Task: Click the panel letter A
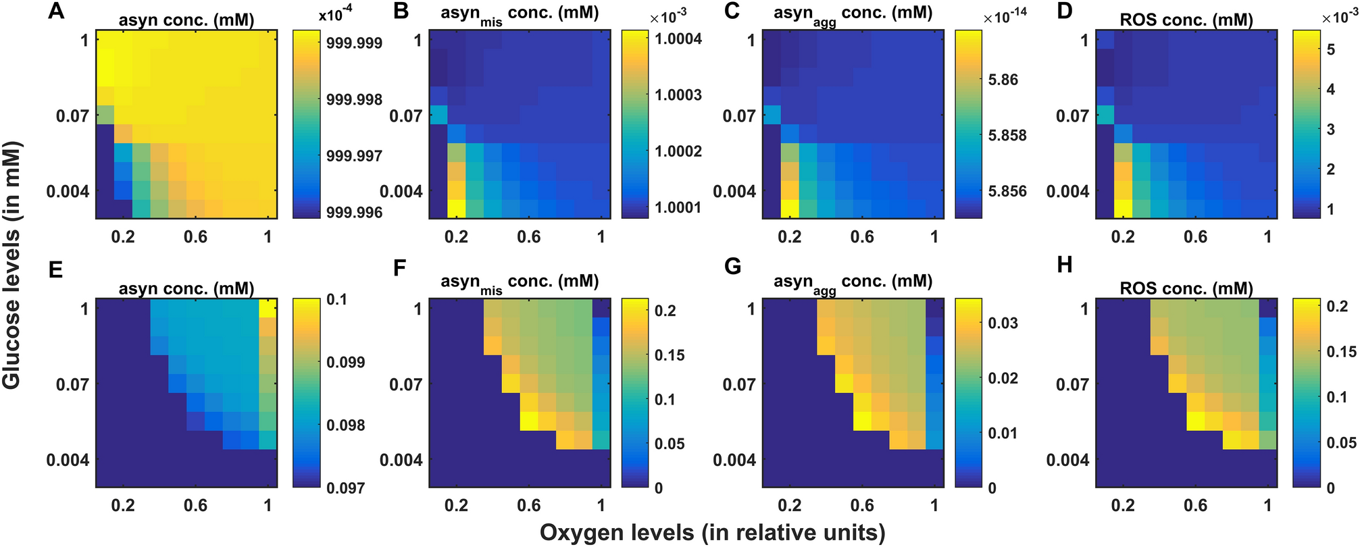[x=56, y=11]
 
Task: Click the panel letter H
[x=1065, y=265]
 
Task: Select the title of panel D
[x=1186, y=20]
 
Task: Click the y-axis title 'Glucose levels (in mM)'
[x=11, y=265]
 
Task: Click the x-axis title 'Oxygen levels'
[x=712, y=533]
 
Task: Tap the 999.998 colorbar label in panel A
[x=354, y=100]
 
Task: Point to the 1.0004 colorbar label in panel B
[x=678, y=38]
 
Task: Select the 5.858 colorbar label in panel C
[x=1007, y=135]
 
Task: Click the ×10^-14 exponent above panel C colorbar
[x=1005, y=17]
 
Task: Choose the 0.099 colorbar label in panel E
[x=345, y=362]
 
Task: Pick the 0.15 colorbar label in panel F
[x=669, y=355]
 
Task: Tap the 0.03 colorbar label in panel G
[x=1003, y=323]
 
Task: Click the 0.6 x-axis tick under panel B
[x=528, y=237]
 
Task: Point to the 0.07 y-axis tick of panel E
[x=72, y=384]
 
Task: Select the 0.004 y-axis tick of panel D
[x=1067, y=191]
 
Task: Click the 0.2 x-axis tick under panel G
[x=789, y=505]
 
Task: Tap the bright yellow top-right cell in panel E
[x=268, y=308]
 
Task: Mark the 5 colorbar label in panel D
[x=1331, y=49]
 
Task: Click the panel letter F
[x=399, y=268]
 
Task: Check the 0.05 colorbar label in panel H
[x=1341, y=442]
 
